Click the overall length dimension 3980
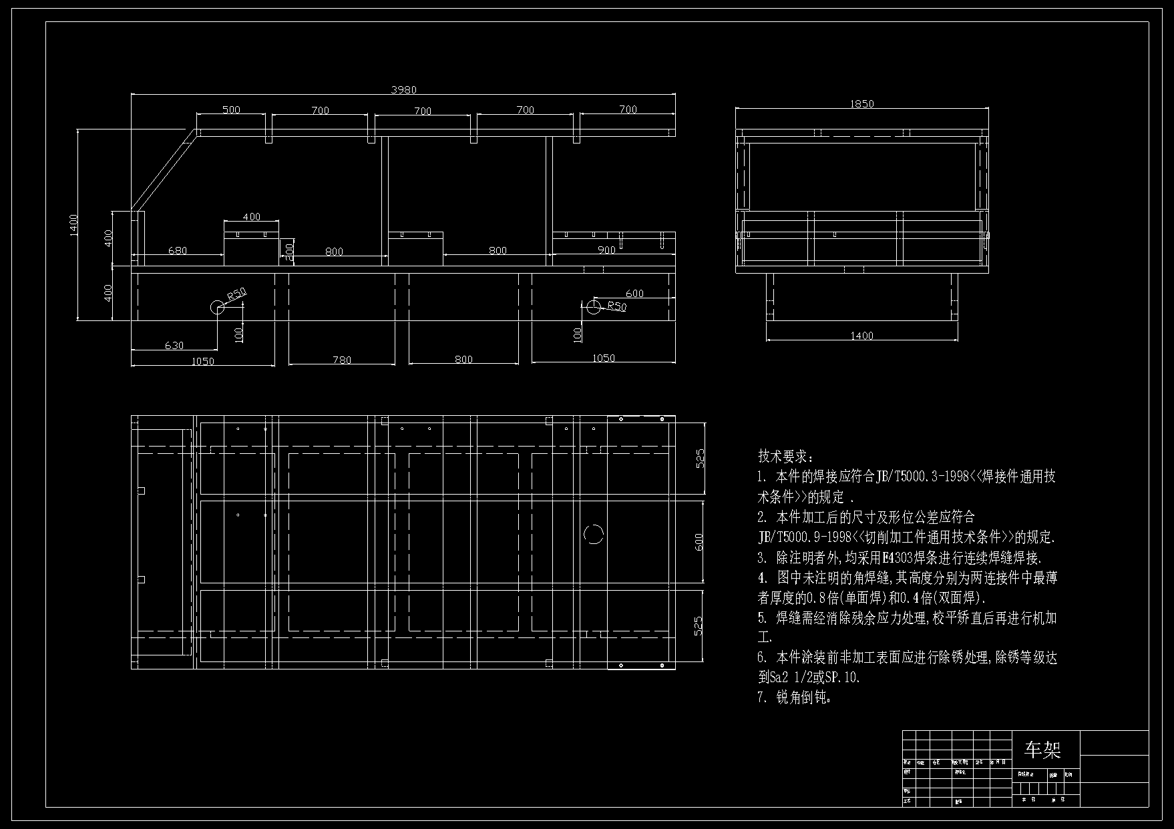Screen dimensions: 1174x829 coord(403,90)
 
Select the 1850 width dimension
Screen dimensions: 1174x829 coord(861,103)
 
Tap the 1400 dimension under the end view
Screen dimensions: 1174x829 coord(861,336)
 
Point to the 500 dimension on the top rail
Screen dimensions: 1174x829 coord(231,109)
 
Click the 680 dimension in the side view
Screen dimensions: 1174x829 coord(178,251)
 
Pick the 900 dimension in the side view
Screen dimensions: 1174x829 coord(606,250)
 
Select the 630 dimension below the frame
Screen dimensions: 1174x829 coord(174,345)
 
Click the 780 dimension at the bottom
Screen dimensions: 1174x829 coord(341,360)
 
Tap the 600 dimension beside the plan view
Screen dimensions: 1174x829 coord(699,542)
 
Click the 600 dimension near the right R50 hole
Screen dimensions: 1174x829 coord(634,294)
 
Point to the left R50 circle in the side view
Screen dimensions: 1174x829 coord(218,307)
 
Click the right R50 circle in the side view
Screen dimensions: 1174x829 coord(593,307)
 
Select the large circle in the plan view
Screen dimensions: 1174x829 coord(594,534)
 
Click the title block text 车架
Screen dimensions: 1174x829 coord(1042,750)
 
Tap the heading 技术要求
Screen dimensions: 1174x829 coord(785,457)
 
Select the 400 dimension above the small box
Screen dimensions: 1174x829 coord(251,217)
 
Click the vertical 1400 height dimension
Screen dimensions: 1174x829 coord(74,224)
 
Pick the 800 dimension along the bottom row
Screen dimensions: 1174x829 coord(463,359)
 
